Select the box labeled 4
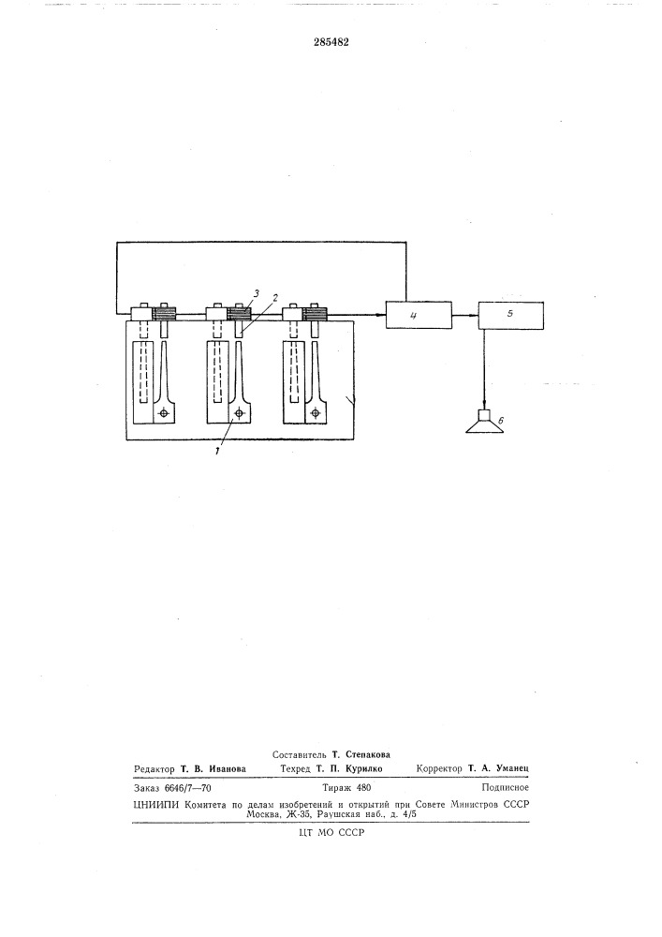[418, 315]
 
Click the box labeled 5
[509, 315]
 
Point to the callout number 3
[255, 293]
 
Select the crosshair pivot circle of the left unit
[164, 413]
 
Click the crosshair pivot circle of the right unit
[317, 413]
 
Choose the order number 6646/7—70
[194, 788]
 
